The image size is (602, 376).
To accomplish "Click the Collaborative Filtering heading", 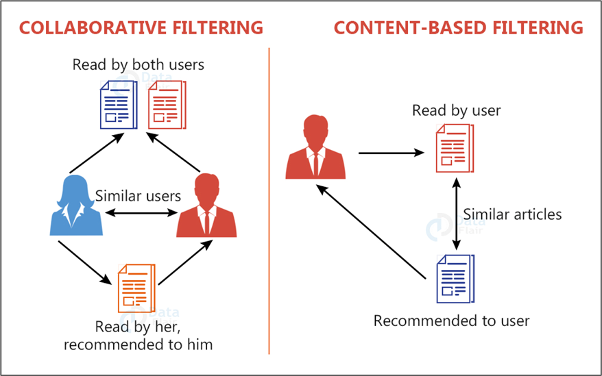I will click(x=141, y=27).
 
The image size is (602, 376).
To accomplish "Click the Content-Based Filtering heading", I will click(x=458, y=27).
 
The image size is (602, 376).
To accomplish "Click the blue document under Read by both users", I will click(x=118, y=105).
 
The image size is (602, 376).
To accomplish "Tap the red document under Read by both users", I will click(x=167, y=105).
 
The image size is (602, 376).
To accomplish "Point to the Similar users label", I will click(x=138, y=196).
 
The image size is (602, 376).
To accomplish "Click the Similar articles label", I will click(x=512, y=214).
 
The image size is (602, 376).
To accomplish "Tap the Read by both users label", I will click(x=139, y=65).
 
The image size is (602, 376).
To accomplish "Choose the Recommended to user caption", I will click(x=452, y=320).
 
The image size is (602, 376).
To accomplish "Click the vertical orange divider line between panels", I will click(x=269, y=205).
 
